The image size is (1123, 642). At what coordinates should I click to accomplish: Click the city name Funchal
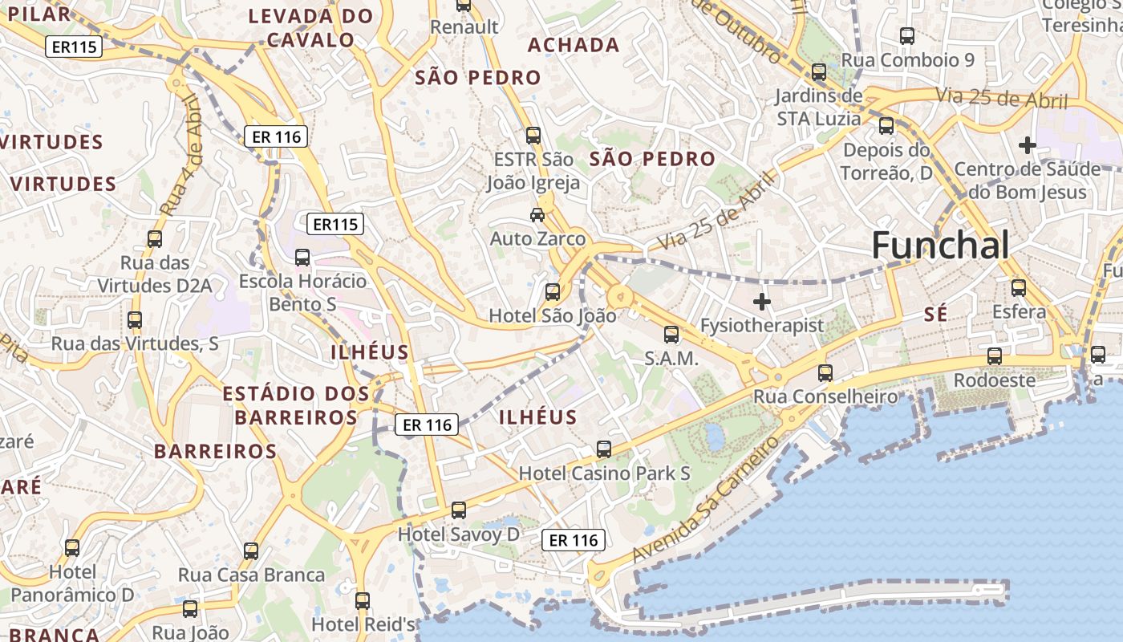[x=940, y=245]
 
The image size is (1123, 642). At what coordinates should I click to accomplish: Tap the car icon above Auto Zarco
[x=537, y=214]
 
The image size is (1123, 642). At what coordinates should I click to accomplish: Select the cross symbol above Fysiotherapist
[x=762, y=302]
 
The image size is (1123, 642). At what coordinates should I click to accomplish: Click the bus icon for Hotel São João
[x=553, y=291]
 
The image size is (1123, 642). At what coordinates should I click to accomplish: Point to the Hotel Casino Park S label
[x=604, y=473]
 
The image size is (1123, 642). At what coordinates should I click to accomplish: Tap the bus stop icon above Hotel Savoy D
[x=458, y=510]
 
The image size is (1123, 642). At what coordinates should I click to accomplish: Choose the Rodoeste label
[x=994, y=380]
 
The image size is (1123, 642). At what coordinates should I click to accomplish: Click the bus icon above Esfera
[x=1019, y=287]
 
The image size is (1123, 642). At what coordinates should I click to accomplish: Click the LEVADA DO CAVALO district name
[x=310, y=27]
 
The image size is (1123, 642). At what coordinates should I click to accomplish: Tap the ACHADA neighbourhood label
[x=574, y=45]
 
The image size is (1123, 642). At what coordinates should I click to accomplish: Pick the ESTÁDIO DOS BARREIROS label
[x=296, y=405]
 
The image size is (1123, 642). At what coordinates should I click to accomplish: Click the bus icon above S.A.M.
[x=671, y=335]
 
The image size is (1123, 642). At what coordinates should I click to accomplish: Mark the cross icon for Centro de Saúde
[x=1027, y=145]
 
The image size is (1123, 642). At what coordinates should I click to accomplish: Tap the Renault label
[x=464, y=26]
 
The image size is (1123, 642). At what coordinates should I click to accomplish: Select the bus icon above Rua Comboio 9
[x=907, y=35]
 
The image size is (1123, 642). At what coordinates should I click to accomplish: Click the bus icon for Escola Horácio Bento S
[x=302, y=257]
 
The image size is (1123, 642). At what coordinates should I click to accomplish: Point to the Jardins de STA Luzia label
[x=818, y=108]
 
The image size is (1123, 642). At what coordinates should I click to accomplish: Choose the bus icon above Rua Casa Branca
[x=251, y=551]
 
